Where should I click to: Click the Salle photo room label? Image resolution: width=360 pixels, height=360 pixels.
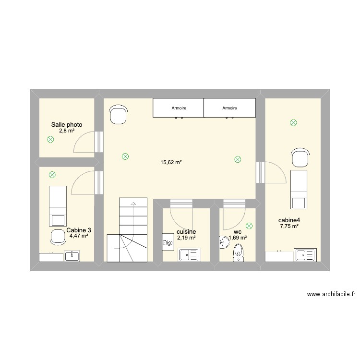click(67, 125)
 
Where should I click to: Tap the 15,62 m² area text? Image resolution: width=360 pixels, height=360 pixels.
click(171, 163)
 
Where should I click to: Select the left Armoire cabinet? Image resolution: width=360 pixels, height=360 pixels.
click(179, 108)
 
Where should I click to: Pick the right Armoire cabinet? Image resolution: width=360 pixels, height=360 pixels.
click(229, 108)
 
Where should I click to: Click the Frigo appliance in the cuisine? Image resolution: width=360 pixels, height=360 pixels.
click(168, 242)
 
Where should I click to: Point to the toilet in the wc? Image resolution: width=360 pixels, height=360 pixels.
click(238, 252)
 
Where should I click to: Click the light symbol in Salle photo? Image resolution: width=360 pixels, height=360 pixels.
click(50, 139)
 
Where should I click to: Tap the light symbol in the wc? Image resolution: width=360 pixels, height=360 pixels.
click(249, 226)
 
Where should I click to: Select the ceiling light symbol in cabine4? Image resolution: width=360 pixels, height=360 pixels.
click(293, 123)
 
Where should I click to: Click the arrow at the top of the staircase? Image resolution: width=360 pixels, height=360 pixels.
click(133, 204)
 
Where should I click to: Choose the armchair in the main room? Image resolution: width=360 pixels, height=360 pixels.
click(118, 114)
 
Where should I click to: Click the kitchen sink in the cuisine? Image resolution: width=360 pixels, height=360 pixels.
click(189, 254)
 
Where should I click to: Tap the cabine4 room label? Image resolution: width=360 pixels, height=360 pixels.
click(289, 220)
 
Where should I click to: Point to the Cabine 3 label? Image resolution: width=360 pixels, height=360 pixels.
click(79, 230)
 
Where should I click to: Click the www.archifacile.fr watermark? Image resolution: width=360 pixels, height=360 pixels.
click(331, 294)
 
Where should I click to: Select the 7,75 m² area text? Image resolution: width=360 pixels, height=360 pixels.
click(289, 226)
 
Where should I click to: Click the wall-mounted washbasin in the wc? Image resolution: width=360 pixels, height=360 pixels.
click(224, 242)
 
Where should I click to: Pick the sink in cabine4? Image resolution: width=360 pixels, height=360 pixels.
click(305, 255)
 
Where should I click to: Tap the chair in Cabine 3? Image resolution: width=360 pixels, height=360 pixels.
click(58, 237)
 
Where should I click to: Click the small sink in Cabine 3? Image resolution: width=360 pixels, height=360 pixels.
click(72, 256)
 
